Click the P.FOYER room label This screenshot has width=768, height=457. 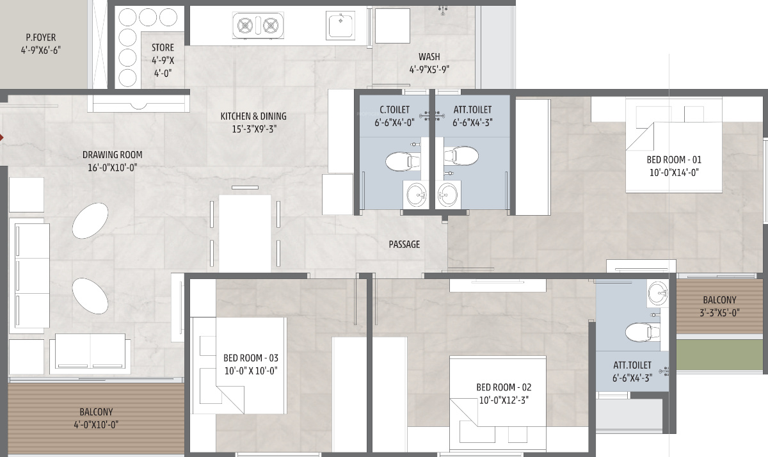[x=36, y=38]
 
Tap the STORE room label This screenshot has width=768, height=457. [x=163, y=47]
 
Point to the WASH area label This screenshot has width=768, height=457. [x=429, y=57]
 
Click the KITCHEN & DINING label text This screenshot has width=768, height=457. [x=253, y=116]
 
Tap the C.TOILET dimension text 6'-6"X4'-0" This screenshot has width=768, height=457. [x=394, y=123]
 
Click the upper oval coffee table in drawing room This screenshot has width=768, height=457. [x=90, y=221]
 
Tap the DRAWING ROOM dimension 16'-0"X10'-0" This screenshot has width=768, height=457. [x=112, y=167]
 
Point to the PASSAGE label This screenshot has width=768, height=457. [x=404, y=245]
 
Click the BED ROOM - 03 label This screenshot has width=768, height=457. [x=250, y=358]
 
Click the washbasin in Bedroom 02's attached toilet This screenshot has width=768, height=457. [x=657, y=294]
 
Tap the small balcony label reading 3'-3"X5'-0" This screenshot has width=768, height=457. [x=719, y=313]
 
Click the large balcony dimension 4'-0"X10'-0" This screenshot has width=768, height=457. [x=96, y=424]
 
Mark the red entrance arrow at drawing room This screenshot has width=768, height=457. [x=3, y=137]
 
